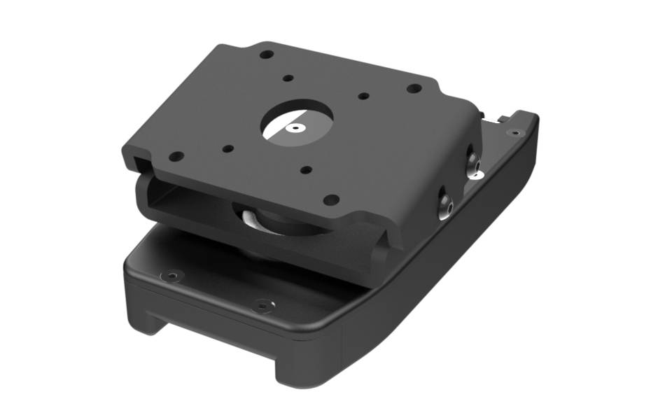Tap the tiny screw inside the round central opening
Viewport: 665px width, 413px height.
tap(296, 129)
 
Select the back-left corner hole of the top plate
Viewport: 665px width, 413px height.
tap(266, 54)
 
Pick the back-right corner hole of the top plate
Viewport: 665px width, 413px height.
tap(414, 89)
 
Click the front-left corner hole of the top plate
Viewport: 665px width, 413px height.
tap(176, 156)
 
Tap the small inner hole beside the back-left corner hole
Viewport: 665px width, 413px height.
tap(287, 79)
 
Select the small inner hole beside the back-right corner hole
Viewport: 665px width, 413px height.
tap(363, 97)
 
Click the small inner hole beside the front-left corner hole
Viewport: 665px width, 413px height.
tap(228, 148)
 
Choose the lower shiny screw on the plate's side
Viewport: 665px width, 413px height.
tap(445, 204)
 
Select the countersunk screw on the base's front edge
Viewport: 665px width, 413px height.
tap(262, 305)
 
